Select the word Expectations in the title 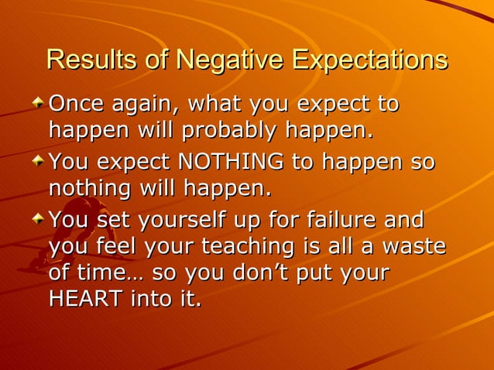pyautogui.click(x=370, y=59)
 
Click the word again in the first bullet pyautogui.click(x=146, y=104)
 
